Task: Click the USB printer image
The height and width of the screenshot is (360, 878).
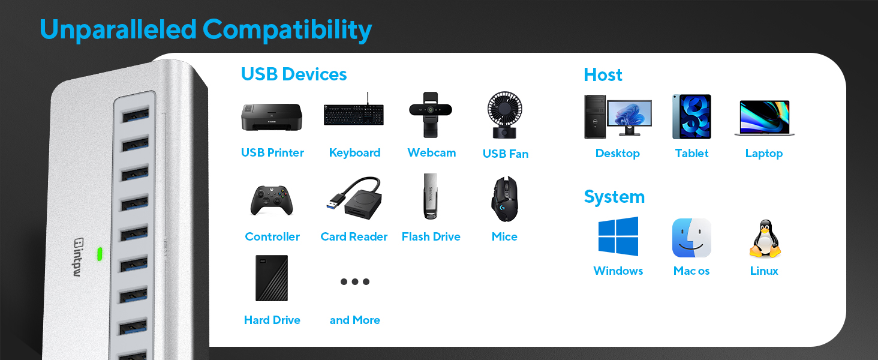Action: (272, 116)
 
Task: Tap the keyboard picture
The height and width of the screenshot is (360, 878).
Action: (354, 113)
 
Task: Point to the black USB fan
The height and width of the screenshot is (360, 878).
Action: (505, 115)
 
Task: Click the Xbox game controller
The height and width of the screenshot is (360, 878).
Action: (272, 200)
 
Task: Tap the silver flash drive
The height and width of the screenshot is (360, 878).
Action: (430, 197)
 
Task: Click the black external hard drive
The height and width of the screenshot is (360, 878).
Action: (272, 278)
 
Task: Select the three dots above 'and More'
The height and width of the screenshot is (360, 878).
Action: (355, 281)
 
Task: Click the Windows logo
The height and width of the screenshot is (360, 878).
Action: (618, 237)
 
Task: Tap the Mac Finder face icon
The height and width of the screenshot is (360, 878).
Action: (691, 238)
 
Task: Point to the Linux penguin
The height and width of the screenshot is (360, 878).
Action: (764, 239)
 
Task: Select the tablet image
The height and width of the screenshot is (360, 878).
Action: (691, 116)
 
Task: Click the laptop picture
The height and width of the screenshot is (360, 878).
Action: (764, 118)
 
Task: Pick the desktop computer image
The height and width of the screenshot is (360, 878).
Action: (617, 116)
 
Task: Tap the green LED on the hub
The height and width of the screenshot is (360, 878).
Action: (100, 254)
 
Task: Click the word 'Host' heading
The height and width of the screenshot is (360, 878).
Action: (603, 75)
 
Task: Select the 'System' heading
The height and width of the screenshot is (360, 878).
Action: (614, 197)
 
